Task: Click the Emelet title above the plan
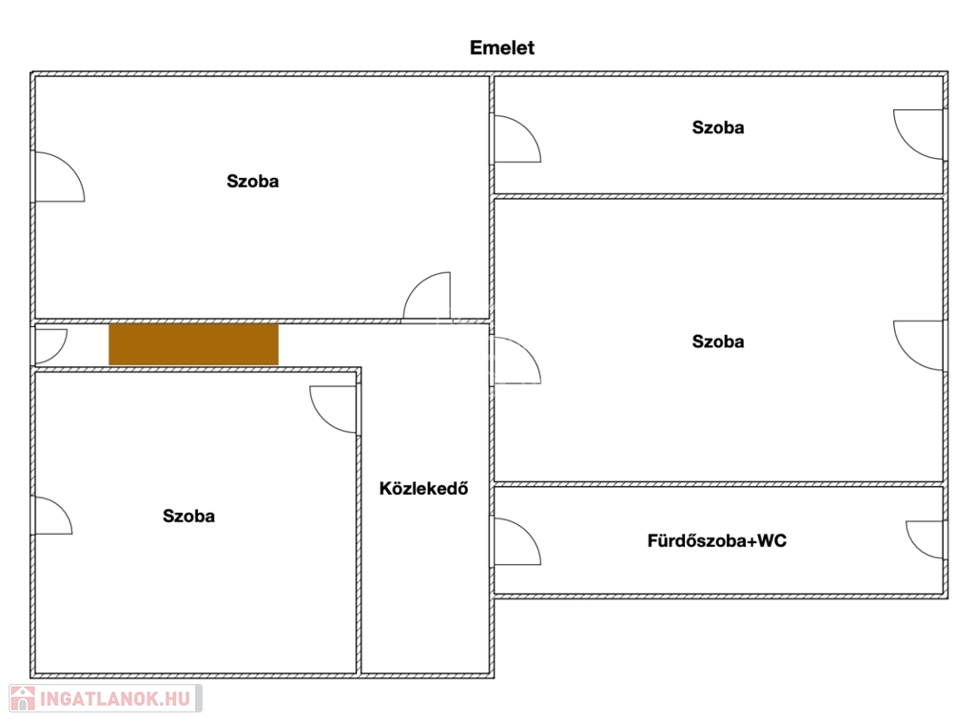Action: coord(502,48)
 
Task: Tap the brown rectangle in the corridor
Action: coord(194,344)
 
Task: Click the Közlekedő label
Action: coord(423,488)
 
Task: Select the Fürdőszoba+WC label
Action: coord(717,540)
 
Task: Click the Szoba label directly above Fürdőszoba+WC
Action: coord(718,341)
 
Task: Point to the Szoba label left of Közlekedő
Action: coord(189,516)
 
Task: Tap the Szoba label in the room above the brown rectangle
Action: coord(253,181)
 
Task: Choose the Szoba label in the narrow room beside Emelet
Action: coord(718,127)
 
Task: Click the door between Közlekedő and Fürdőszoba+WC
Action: coord(516,542)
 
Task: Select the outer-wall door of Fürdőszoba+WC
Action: coord(925,540)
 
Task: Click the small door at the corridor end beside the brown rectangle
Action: coord(50,346)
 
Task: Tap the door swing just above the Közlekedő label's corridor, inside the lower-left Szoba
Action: coord(334,409)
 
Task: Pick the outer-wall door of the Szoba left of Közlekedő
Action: coord(52,515)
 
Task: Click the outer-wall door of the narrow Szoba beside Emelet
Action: coord(919,135)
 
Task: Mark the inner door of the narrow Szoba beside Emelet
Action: coord(516,139)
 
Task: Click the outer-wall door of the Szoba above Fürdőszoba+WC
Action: coord(919,346)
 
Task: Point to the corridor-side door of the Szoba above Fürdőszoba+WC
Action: coord(516,361)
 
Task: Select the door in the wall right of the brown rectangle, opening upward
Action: coord(427,296)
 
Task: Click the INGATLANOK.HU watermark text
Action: coord(115,699)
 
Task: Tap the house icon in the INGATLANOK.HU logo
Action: coord(23,698)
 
